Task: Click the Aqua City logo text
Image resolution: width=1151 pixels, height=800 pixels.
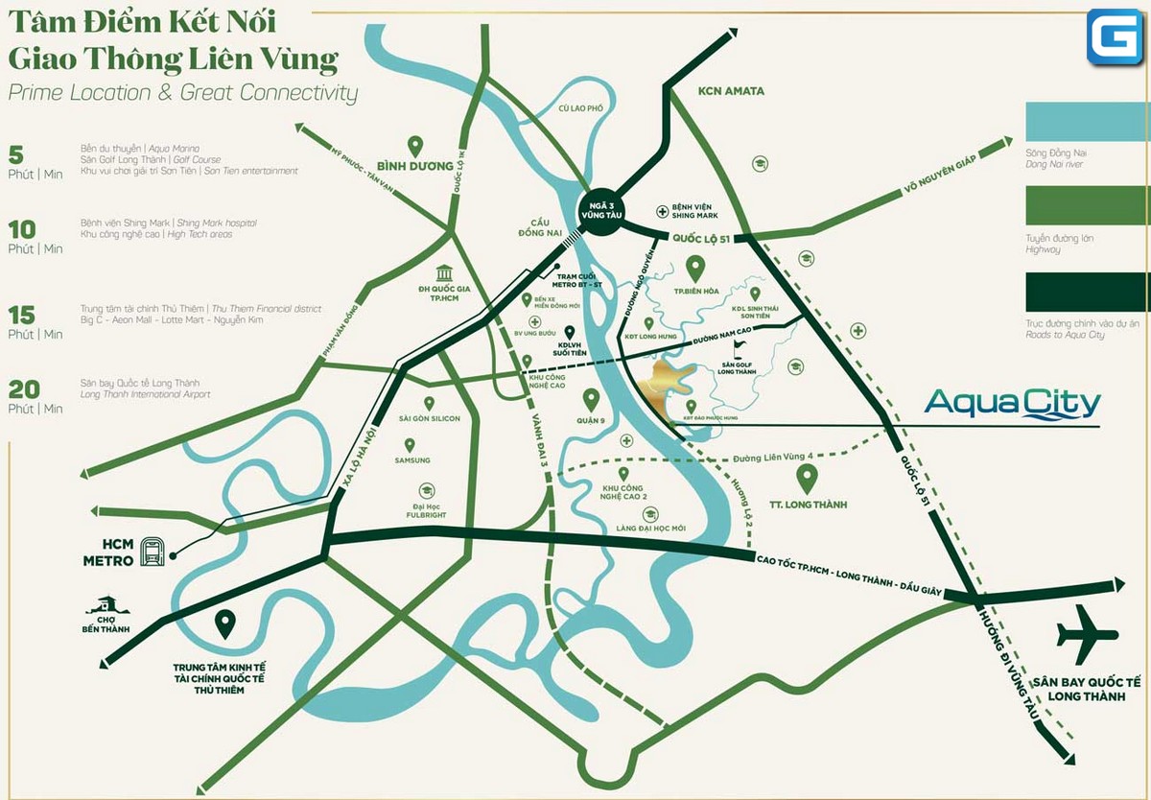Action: [x=1012, y=404]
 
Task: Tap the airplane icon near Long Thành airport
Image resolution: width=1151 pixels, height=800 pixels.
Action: [x=1087, y=634]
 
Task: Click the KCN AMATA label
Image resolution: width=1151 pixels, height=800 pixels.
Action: [x=731, y=91]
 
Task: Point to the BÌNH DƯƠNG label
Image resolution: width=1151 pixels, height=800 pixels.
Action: [x=414, y=166]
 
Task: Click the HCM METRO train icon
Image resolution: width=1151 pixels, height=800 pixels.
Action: [x=153, y=551]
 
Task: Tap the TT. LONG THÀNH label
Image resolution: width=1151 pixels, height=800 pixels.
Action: [x=807, y=505]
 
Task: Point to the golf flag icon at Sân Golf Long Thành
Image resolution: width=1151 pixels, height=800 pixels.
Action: [x=739, y=348]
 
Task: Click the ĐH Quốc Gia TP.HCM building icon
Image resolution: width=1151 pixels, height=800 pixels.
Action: [x=444, y=273]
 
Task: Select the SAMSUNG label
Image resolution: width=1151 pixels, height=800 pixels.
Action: [x=412, y=460]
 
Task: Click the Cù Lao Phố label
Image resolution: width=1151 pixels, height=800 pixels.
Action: [x=581, y=108]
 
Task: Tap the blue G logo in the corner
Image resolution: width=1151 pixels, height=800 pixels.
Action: [x=1115, y=38]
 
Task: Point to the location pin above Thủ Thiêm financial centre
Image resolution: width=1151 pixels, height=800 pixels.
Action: [x=224, y=624]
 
